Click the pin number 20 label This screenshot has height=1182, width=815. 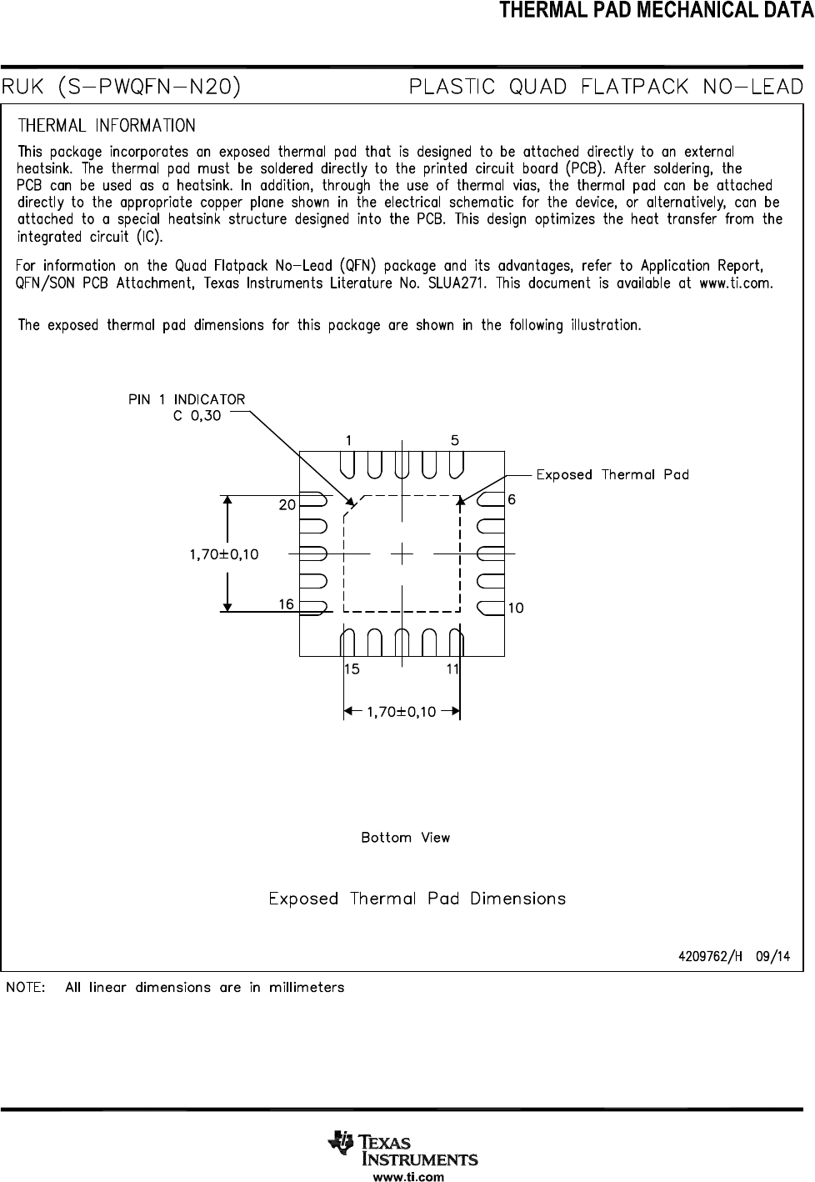click(x=287, y=505)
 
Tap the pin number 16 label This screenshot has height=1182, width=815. click(x=286, y=604)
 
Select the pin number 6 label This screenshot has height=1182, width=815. click(x=512, y=499)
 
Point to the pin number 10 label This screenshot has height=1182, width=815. click(x=516, y=609)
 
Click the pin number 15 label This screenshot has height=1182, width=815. click(x=352, y=669)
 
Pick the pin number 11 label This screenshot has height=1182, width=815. click(x=452, y=669)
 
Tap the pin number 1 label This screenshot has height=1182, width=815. click(x=349, y=439)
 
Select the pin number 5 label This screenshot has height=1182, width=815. click(x=455, y=439)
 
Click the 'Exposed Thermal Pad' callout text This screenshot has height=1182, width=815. click(x=612, y=474)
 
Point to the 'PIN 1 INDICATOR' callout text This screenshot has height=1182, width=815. click(x=187, y=399)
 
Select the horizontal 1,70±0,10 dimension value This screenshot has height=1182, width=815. click(x=401, y=712)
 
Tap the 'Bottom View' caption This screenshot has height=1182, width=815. click(x=405, y=838)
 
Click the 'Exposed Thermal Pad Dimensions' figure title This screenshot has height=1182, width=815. click(x=417, y=899)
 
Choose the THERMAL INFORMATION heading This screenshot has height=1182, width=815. click(x=107, y=126)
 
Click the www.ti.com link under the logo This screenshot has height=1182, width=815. click(x=407, y=1177)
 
